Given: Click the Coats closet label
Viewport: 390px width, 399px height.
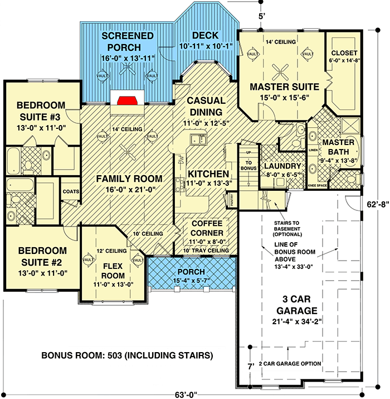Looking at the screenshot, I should point(71,191).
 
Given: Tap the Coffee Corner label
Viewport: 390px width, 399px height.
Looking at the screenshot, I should point(207,228).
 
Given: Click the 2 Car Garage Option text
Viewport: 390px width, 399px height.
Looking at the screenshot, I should point(290,364).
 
